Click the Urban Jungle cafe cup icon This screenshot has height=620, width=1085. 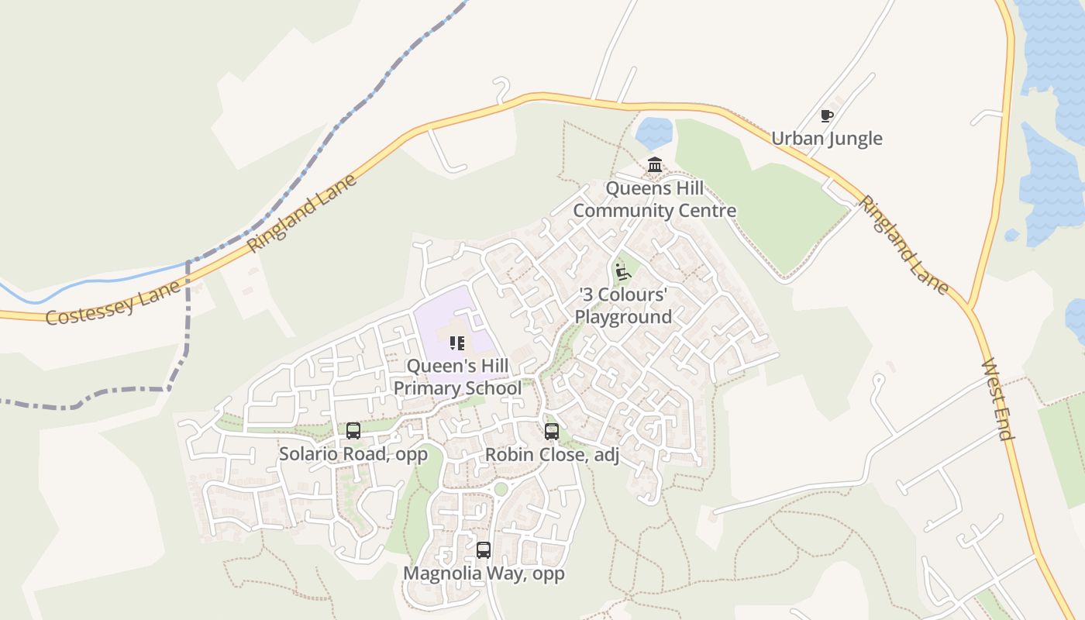[x=827, y=116]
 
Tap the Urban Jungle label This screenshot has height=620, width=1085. [x=827, y=139]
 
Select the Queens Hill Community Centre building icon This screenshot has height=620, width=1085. [x=655, y=165]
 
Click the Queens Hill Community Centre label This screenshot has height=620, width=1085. [x=655, y=199]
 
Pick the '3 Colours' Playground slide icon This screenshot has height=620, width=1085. [x=622, y=272]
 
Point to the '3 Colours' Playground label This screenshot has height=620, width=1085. [x=623, y=306]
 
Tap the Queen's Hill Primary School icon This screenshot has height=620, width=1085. [x=457, y=343]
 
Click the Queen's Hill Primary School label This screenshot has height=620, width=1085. [x=457, y=377]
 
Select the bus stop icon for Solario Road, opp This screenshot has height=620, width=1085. [x=353, y=431]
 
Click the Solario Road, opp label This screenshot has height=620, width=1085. [x=353, y=454]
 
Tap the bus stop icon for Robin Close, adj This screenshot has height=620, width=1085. [x=552, y=432]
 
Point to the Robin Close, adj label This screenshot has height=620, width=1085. [x=552, y=455]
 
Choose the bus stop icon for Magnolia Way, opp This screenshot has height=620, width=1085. [x=484, y=550]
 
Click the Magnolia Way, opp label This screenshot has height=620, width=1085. [x=484, y=573]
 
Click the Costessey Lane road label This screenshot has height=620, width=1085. [x=114, y=302]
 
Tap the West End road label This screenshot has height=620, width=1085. [x=998, y=399]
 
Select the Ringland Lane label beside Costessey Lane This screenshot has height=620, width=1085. [x=302, y=213]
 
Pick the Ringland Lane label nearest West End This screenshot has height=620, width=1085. [x=903, y=245]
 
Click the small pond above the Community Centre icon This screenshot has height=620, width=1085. [x=655, y=133]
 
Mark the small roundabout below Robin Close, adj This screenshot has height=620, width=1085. [x=501, y=489]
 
